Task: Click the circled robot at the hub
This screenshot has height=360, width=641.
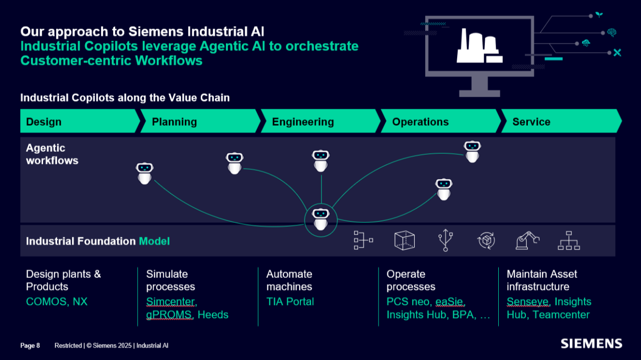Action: [x=321, y=219]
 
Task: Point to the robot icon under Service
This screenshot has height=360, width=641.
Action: [x=472, y=151]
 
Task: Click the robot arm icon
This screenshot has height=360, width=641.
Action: [x=527, y=240]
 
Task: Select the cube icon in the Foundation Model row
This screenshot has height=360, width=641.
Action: [x=405, y=240]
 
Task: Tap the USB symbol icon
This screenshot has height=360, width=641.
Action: [x=445, y=240]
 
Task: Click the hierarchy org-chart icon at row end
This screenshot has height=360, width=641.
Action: [x=568, y=240]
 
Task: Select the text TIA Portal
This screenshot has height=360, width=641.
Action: [x=290, y=301]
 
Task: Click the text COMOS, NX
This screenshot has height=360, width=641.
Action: [x=57, y=301]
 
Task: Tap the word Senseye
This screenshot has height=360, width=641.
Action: [x=528, y=301]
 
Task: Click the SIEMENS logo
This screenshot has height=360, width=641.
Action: [x=591, y=343]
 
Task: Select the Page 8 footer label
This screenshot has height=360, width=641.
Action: [x=30, y=345]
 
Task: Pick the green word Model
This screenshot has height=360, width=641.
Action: [x=154, y=241]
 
